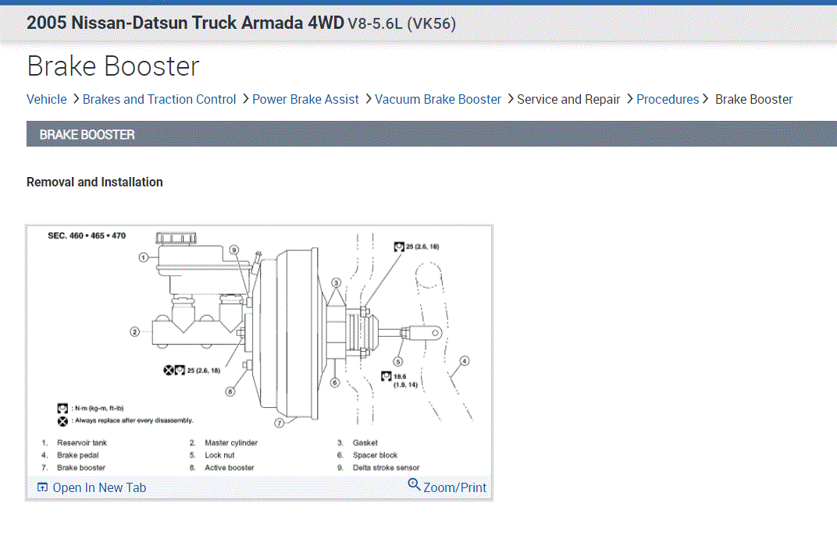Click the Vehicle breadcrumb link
coord(46,99)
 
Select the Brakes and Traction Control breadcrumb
coord(159,99)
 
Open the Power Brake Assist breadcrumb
coord(305,99)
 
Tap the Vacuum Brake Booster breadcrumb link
coord(438,99)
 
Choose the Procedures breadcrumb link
coord(668,99)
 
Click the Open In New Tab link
coord(92,487)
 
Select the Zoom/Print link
coord(447,487)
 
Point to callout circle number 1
coord(143,257)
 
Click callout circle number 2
coord(134,331)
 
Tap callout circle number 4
coord(465,361)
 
